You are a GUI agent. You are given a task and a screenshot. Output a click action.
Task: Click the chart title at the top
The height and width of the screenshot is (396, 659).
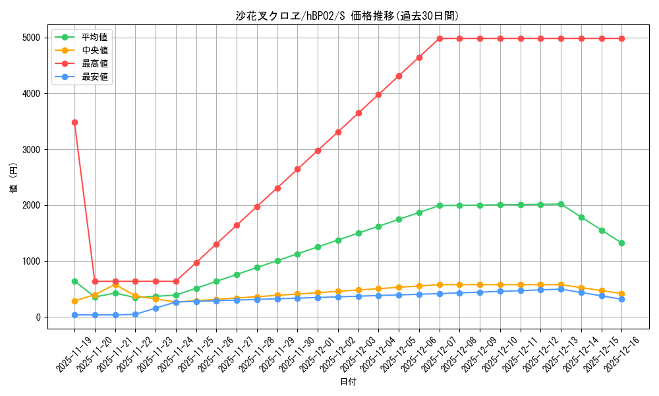click(347, 16)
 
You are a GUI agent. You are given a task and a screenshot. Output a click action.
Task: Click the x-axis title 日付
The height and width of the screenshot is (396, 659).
click(348, 382)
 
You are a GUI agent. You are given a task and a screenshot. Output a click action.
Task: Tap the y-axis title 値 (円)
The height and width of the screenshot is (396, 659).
click(14, 179)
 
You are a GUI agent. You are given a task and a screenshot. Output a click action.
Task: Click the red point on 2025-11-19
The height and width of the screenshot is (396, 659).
click(74, 122)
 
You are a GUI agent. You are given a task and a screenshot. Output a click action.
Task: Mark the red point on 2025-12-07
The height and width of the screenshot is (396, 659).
click(440, 38)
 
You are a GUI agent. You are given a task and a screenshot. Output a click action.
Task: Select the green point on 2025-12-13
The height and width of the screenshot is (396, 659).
click(561, 204)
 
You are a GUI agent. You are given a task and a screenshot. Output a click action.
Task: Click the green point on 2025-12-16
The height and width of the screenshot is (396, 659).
click(621, 243)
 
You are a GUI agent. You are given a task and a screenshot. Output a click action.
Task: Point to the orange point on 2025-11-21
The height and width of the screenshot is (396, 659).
click(115, 284)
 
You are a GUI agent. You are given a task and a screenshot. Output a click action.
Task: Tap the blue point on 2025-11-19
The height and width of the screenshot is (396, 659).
click(74, 315)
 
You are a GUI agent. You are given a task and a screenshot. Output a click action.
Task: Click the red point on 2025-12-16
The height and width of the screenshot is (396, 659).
click(621, 38)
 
